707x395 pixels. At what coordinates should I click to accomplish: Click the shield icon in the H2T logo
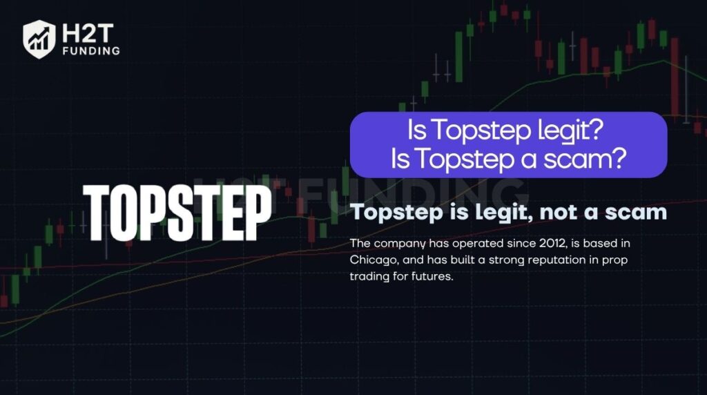(x=39, y=38)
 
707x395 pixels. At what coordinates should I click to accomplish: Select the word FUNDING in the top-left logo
(x=90, y=50)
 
